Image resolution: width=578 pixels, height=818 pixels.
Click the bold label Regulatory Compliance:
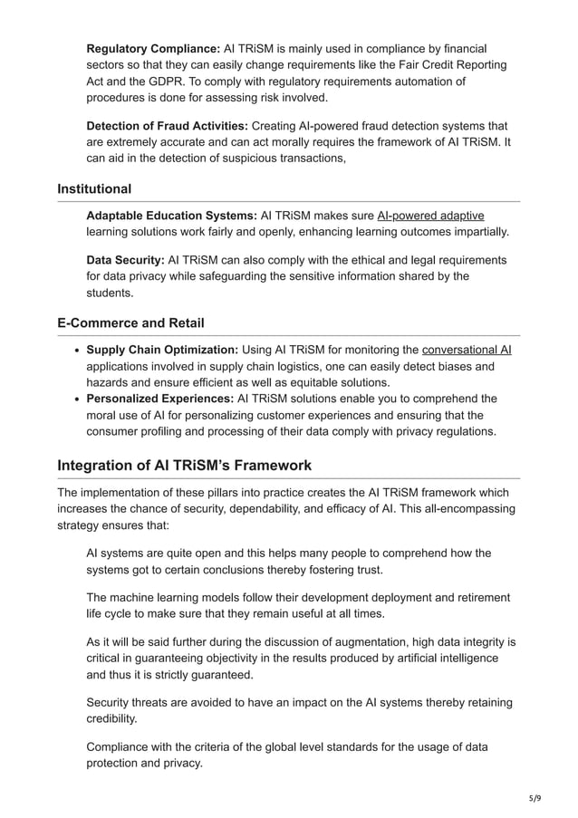(x=153, y=48)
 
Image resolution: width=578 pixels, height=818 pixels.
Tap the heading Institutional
(x=94, y=189)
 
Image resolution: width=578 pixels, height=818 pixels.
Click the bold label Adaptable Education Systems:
(x=171, y=216)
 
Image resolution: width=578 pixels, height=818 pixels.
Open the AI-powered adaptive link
(x=430, y=216)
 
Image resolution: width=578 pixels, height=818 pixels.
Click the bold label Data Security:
(x=125, y=261)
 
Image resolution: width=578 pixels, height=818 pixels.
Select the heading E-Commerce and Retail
(x=130, y=323)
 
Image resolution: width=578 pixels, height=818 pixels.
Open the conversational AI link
(x=467, y=350)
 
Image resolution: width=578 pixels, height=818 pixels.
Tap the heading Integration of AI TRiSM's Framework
(x=184, y=466)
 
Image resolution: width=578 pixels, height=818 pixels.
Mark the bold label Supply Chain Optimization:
(x=162, y=350)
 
